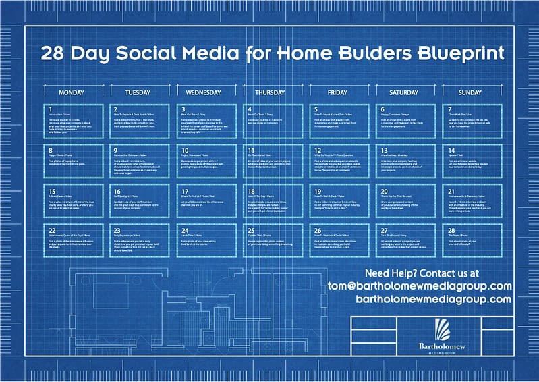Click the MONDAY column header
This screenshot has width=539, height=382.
tap(72, 92)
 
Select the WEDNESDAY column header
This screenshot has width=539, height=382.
tap(204, 92)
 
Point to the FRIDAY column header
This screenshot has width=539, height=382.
tap(337, 92)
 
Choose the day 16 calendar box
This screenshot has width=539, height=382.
tap(140, 200)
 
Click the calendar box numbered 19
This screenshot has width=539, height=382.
tap(338, 200)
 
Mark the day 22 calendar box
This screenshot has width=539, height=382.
tap(74, 240)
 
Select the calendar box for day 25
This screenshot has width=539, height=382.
tap(272, 240)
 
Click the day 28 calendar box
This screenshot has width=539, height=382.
tap(471, 240)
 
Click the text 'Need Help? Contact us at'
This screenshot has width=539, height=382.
tap(422, 273)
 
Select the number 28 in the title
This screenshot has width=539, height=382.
tap(53, 54)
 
